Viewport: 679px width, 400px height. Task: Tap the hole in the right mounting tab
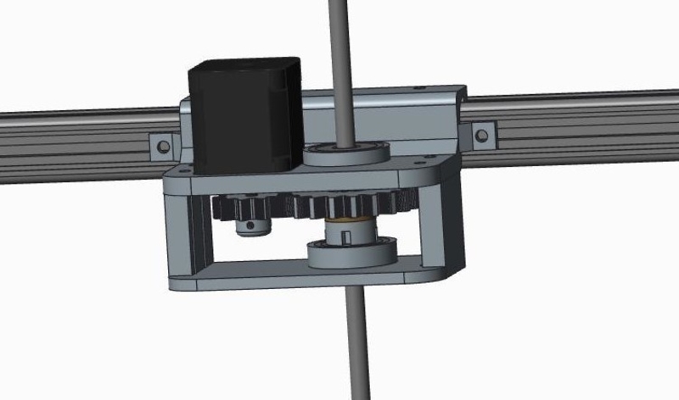pyautogui.click(x=482, y=134)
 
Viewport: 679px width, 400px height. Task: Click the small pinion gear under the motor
pyautogui.click(x=246, y=208)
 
